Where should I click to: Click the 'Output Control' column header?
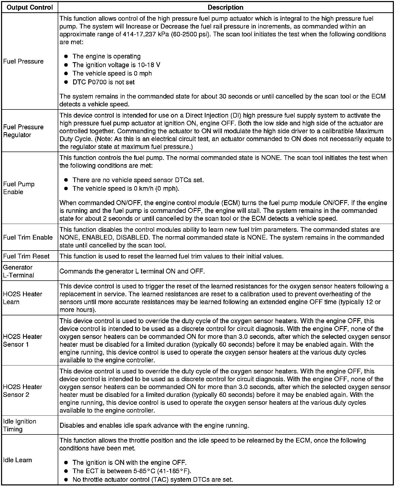[x=30, y=8]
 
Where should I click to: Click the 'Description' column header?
[x=225, y=8]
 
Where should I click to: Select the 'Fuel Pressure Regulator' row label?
[x=23, y=131]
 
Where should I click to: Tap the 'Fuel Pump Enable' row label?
[x=19, y=188]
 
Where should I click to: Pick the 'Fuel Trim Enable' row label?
[x=28, y=237]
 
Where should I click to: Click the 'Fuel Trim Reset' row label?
[x=26, y=256]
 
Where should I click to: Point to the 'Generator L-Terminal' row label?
[x=19, y=271]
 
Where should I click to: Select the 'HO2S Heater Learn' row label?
[x=22, y=298]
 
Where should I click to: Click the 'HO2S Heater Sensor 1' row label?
[x=22, y=340]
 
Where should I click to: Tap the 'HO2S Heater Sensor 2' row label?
[x=22, y=391]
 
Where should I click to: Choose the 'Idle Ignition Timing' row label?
[x=20, y=425]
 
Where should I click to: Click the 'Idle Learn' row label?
[x=17, y=460]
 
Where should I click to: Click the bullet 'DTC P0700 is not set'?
[x=103, y=82]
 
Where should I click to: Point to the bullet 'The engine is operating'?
[x=107, y=56]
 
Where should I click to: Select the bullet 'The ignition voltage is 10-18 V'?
[x=116, y=65]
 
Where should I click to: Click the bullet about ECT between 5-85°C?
[x=132, y=471]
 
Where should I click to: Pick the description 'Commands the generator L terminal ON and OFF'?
[x=132, y=271]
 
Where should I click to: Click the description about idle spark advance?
[x=154, y=425]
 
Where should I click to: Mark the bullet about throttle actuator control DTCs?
[x=153, y=479]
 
